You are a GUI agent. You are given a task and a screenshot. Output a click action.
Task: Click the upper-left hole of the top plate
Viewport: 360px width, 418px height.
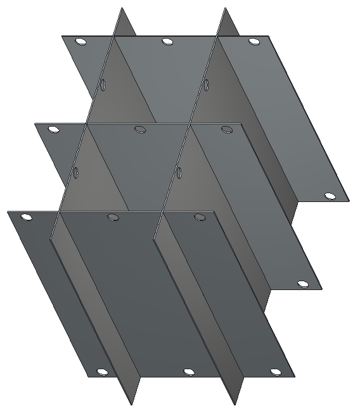[80, 42]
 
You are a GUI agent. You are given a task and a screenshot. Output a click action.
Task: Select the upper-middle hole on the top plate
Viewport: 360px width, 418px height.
[167, 42]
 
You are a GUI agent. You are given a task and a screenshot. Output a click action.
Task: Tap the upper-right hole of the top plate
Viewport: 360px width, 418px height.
[254, 42]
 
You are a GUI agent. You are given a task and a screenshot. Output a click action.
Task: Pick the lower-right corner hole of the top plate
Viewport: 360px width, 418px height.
[330, 196]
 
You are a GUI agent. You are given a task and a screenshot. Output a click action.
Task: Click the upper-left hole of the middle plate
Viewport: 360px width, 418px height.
[53, 130]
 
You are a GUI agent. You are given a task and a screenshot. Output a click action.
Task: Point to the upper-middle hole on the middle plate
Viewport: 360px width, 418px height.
[140, 130]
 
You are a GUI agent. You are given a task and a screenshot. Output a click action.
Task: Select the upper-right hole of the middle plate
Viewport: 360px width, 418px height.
[227, 130]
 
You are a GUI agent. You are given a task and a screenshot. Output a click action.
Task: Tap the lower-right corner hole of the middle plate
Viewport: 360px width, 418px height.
[303, 284]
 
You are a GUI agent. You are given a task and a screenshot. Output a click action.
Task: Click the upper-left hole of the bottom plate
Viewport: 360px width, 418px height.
[26, 217]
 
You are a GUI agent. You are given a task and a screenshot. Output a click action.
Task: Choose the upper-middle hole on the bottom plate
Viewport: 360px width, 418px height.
[113, 217]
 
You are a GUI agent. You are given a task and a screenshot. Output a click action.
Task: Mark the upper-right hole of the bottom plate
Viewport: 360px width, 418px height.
[200, 217]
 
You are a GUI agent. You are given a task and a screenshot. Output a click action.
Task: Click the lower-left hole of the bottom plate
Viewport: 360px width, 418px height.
[101, 372]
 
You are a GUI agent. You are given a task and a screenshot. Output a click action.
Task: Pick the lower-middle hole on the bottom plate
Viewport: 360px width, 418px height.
[188, 372]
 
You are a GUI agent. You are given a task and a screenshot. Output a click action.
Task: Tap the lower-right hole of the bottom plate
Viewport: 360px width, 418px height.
[275, 372]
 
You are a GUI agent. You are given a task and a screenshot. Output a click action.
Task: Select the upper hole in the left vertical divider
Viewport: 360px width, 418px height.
[103, 84]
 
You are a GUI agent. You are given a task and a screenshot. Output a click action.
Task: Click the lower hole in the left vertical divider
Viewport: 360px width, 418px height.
[76, 172]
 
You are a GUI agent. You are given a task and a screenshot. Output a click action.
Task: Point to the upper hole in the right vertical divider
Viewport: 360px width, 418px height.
[207, 84]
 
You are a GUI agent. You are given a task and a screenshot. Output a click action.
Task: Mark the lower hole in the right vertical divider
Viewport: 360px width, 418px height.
[180, 172]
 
